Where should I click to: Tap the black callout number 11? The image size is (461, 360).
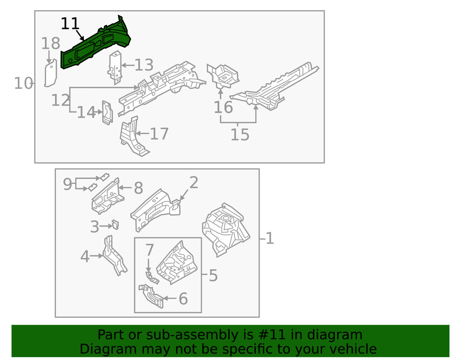[70, 24]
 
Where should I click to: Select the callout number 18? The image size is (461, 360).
[50, 44]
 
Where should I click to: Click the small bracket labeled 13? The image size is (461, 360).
[115, 67]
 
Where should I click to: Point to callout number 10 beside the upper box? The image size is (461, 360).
[23, 83]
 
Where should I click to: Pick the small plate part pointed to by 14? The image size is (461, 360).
[107, 112]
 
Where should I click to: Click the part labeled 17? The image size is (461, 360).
[132, 136]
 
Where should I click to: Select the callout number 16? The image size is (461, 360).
[223, 107]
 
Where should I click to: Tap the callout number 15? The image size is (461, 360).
[240, 135]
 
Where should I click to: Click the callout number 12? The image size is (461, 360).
[60, 100]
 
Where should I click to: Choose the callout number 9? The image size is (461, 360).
[68, 184]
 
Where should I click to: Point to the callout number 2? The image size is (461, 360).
[194, 183]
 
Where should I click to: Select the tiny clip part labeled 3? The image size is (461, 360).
[115, 225]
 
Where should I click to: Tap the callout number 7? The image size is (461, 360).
[149, 250]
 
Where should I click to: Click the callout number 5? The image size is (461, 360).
[213, 276]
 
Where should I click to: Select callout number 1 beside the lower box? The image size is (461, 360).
[270, 238]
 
